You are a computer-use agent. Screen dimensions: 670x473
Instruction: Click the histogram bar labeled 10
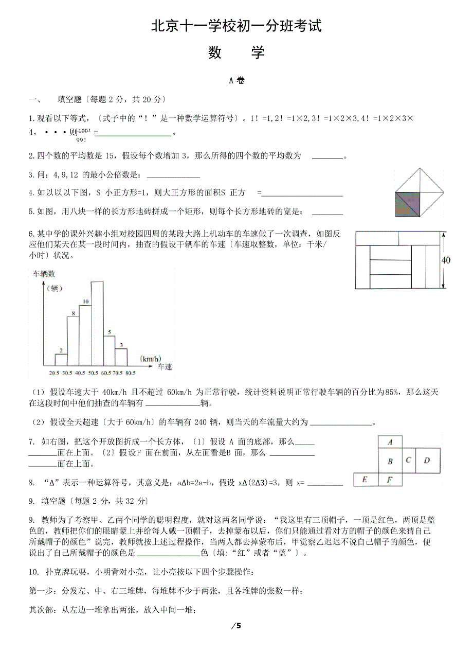tap(85, 334)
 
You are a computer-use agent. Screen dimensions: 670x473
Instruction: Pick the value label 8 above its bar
tap(74, 313)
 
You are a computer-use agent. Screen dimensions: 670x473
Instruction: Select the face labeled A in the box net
tap(390, 442)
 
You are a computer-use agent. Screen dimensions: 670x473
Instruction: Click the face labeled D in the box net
tap(427, 461)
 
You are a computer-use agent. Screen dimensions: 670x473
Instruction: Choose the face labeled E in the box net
tap(365, 480)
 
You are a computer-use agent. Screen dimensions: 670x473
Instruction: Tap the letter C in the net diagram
tap(408, 460)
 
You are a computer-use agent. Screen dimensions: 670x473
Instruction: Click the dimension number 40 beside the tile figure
tap(446, 260)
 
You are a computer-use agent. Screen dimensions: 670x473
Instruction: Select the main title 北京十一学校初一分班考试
tap(236, 26)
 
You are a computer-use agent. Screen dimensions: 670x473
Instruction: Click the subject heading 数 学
tap(236, 52)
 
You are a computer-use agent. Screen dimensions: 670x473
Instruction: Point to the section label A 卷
tap(236, 80)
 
